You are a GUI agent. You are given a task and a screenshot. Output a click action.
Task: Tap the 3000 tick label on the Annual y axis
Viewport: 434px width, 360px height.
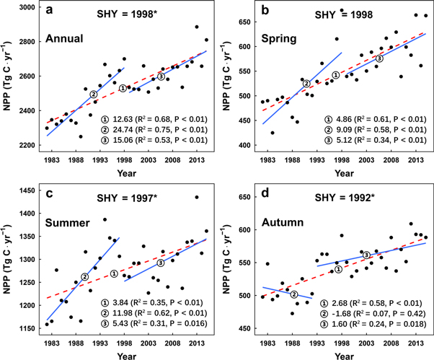(x=26, y=6)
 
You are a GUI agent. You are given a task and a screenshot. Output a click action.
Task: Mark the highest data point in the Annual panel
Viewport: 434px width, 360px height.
(x=196, y=27)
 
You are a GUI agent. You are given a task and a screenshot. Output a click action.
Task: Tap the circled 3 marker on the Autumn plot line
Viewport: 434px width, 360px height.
(x=366, y=255)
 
